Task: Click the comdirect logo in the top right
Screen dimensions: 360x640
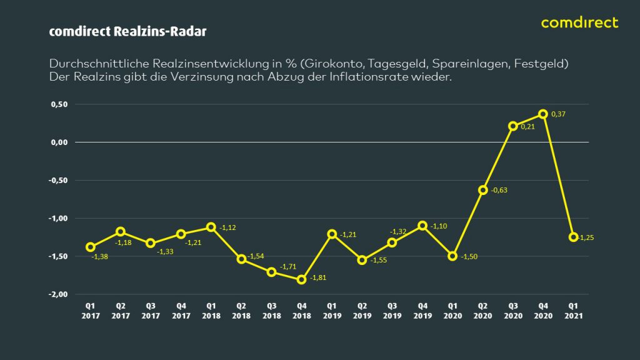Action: coord(579,23)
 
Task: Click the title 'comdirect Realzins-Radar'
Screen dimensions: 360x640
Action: coord(127,31)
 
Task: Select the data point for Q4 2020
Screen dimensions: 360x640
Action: coord(543,114)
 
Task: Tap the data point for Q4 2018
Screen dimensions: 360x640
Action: coord(302,279)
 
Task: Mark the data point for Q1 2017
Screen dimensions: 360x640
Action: coord(91,247)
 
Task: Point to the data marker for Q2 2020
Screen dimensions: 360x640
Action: coord(482,190)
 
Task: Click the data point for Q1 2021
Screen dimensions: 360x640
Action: coord(573,237)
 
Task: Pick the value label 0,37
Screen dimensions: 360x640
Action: coord(558,114)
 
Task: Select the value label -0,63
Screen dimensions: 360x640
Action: coord(499,191)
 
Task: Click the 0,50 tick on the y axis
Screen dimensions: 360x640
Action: coord(59,104)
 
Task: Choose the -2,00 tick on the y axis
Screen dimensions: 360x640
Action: coord(58,294)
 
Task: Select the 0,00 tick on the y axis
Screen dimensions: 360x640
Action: coord(59,142)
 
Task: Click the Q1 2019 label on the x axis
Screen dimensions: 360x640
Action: coord(332,311)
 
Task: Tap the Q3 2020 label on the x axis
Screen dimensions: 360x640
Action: coord(512,311)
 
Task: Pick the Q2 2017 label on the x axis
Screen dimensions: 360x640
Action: coord(121,311)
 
